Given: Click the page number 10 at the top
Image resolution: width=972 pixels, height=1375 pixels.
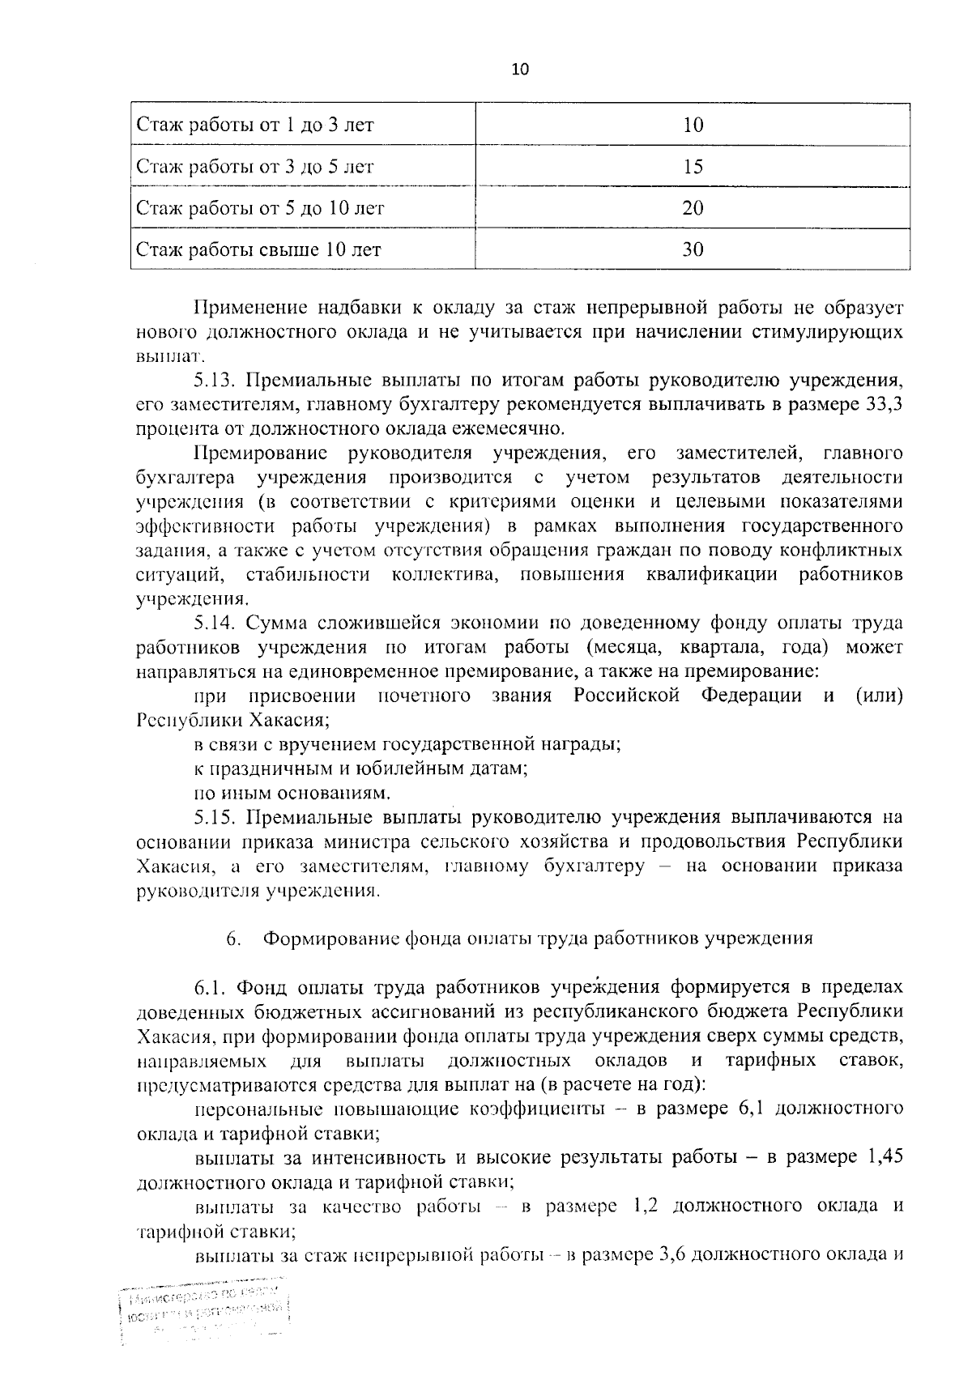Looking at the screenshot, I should [x=520, y=70].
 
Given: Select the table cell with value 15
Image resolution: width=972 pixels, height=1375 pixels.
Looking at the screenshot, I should [x=693, y=167].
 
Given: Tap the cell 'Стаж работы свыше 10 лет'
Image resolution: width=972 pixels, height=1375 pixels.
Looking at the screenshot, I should [x=258, y=249].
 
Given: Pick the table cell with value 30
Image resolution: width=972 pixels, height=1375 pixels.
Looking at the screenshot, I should [x=693, y=249].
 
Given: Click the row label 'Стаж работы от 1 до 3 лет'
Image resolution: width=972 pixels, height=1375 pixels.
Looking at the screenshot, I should [x=255, y=125].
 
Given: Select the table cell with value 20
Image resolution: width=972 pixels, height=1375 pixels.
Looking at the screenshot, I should [x=693, y=208].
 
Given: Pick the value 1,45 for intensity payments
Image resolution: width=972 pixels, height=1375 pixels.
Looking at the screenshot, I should [x=885, y=1158].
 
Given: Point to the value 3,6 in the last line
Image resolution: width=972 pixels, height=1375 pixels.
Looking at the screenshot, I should [x=674, y=1256].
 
